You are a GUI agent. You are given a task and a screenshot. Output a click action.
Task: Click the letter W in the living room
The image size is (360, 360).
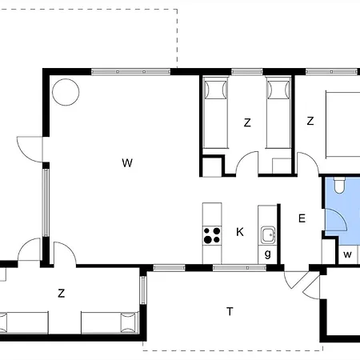[127, 162]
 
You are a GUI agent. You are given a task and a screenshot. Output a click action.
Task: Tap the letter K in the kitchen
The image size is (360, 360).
[240, 232]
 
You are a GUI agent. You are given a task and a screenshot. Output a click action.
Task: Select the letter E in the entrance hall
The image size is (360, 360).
[302, 218]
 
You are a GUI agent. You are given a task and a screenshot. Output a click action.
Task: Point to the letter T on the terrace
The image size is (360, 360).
[230, 311]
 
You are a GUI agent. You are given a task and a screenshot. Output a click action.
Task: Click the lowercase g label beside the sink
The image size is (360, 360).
[268, 254]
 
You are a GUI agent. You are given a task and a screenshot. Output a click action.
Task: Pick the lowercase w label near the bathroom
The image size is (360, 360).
[347, 254]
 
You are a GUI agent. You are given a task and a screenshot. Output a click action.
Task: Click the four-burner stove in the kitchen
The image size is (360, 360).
[212, 235]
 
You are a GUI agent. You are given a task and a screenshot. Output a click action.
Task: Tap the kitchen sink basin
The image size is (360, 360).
[267, 235]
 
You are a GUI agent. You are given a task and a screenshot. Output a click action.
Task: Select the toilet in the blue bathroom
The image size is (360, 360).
[339, 185]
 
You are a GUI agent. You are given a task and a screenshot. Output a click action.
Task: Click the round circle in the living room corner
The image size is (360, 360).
[66, 92]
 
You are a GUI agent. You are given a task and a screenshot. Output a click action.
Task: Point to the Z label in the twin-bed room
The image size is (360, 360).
[247, 122]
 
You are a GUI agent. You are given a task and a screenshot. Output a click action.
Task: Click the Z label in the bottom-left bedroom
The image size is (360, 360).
[62, 294]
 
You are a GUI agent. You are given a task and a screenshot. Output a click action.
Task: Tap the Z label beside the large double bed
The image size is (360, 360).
[310, 121]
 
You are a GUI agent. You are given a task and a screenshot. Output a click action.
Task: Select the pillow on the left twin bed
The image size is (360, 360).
[215, 90]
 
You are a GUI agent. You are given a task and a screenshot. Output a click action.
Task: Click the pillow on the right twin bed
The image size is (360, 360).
[278, 90]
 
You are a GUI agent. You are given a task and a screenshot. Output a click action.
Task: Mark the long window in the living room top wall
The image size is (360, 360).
[130, 71]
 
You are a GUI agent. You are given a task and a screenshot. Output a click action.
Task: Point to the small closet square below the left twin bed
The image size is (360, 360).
[212, 167]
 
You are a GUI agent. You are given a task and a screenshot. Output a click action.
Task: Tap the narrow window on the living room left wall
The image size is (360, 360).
[46, 202]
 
